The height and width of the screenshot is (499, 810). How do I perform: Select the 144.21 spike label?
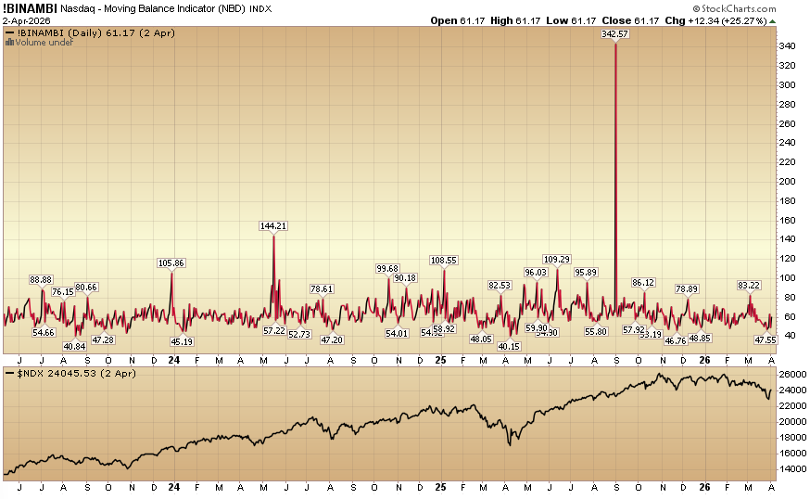coord(273,225)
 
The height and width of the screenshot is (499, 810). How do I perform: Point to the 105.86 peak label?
coord(172,262)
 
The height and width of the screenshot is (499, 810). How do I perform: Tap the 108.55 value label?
coord(444,260)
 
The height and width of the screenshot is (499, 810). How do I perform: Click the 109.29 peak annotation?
coord(557,259)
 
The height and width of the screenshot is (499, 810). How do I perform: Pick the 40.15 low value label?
coord(509,346)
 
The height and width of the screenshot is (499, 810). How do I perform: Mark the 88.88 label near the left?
coord(42,279)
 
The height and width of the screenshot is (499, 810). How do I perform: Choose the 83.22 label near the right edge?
coord(749,285)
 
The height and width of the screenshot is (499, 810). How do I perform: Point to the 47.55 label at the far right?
coord(765,340)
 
